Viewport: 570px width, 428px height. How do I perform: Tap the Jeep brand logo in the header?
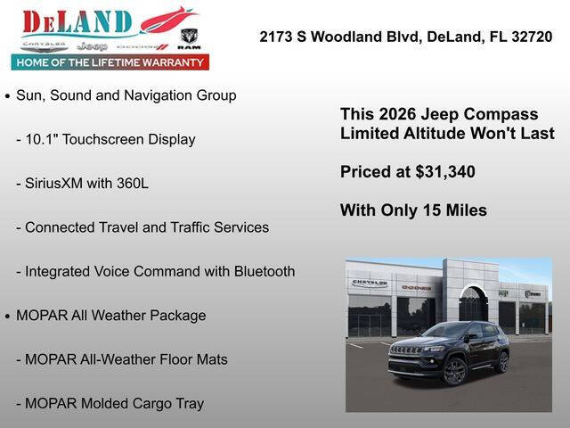coord(92,45)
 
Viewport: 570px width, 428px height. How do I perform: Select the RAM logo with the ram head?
coord(190,38)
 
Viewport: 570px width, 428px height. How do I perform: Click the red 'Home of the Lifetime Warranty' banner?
coord(110,62)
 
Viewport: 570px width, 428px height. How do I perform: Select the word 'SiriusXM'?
coord(54,184)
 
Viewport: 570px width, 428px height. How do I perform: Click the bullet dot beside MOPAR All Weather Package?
coord(8,317)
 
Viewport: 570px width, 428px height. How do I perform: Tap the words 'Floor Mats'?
coord(194,359)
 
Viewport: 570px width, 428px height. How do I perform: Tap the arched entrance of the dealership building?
coord(473,305)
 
